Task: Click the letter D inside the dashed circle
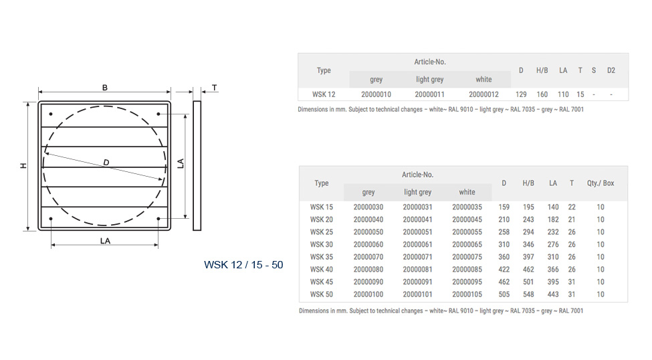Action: coord(106,163)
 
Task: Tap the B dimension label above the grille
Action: coord(105,88)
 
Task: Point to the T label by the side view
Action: coord(215,88)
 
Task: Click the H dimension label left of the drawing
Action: coord(23,166)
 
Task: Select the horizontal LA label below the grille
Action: coord(105,241)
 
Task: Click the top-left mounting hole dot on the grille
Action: coord(51,114)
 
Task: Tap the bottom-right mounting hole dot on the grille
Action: coord(158,219)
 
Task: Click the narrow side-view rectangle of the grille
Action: coord(197,166)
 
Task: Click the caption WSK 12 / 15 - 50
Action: coord(243,265)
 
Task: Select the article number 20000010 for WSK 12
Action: coord(376,94)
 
